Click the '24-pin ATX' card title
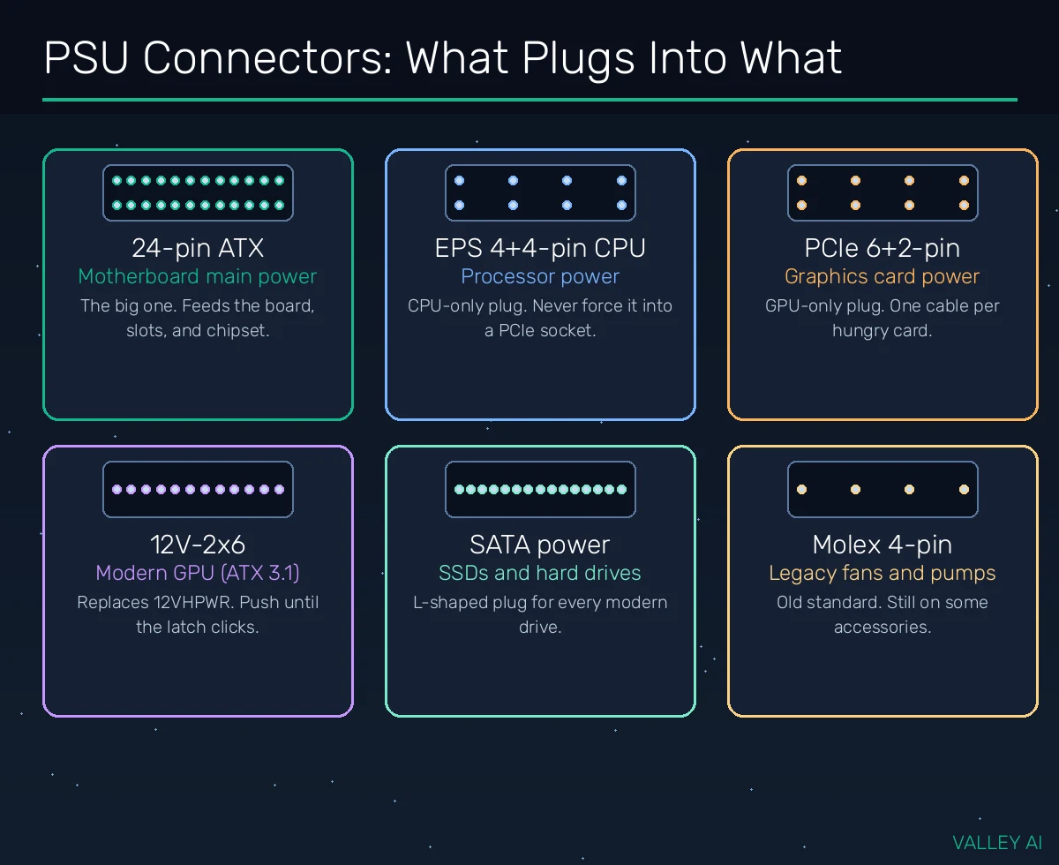198,248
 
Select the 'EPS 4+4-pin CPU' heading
540,248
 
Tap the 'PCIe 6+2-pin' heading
882,248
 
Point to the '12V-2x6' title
198,545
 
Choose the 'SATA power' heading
540,545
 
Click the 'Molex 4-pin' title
882,545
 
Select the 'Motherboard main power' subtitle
198,277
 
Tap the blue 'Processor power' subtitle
540,277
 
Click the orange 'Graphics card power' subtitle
882,277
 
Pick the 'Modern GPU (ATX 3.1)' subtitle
198,573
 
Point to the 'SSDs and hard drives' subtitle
540,573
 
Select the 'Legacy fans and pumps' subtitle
882,573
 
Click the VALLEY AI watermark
997,842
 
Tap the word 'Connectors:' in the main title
267,58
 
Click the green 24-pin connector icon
198,193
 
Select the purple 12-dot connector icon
198,489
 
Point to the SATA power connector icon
540,489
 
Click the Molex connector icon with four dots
882,489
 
